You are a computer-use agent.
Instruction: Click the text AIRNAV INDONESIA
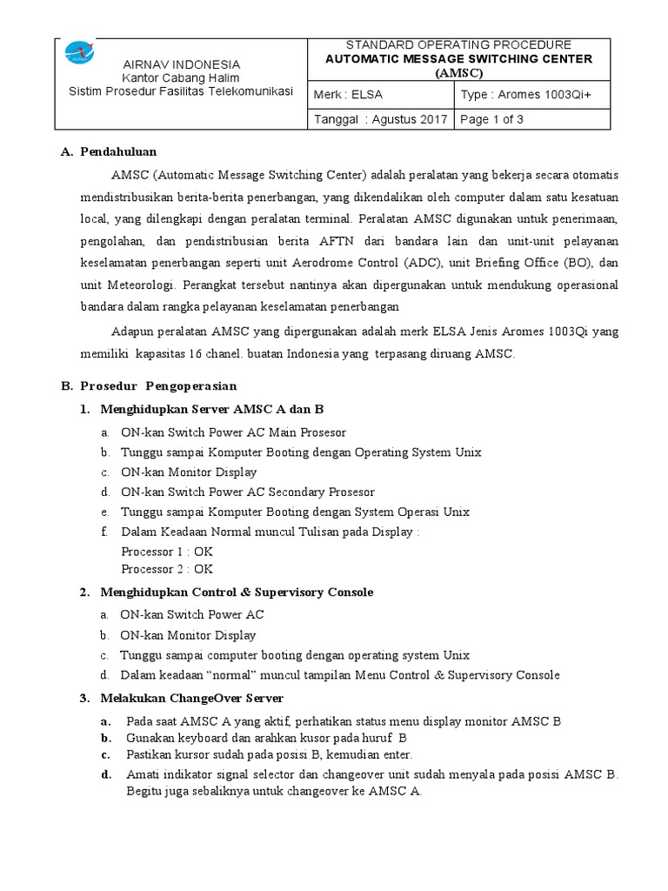pyautogui.click(x=181, y=64)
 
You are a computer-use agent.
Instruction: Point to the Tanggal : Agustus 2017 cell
pyautogui.click(x=381, y=119)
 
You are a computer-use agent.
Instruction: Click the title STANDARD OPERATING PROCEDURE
pyautogui.click(x=458, y=44)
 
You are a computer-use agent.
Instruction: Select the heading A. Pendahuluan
pyautogui.click(x=109, y=151)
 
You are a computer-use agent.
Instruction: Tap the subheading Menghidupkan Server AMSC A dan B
pyautogui.click(x=213, y=408)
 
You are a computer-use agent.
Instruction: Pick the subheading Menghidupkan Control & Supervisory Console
pyautogui.click(x=237, y=592)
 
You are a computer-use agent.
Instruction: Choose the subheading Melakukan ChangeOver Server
pyautogui.click(x=191, y=698)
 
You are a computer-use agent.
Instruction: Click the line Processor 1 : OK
pyautogui.click(x=167, y=551)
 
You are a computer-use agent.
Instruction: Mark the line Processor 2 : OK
pyautogui.click(x=167, y=569)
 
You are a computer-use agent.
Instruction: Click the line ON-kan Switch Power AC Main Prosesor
pyautogui.click(x=233, y=432)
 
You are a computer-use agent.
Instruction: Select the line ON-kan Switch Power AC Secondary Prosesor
pyautogui.click(x=248, y=492)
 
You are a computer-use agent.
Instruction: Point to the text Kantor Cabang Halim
pyautogui.click(x=181, y=77)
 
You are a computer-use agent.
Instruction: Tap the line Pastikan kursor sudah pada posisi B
pyautogui.click(x=270, y=754)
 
